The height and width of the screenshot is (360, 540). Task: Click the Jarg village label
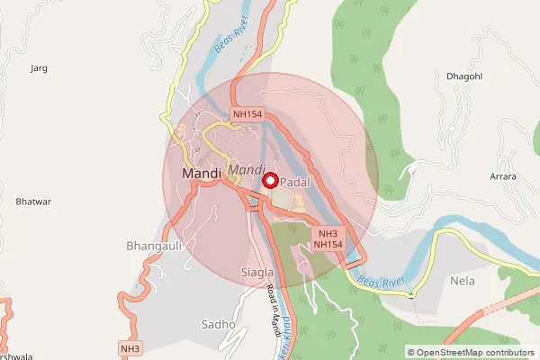coord(38,67)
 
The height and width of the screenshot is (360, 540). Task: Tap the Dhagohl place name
coord(464,76)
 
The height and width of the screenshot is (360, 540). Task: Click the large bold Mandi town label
coord(200,173)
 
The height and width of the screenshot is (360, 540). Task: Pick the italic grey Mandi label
coord(246,169)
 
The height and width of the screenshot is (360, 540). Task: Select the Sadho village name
coord(219,324)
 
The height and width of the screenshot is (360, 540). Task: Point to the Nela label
coord(462,280)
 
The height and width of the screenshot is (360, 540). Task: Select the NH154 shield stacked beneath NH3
coord(328,245)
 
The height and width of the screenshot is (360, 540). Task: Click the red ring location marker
coord(269,180)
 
